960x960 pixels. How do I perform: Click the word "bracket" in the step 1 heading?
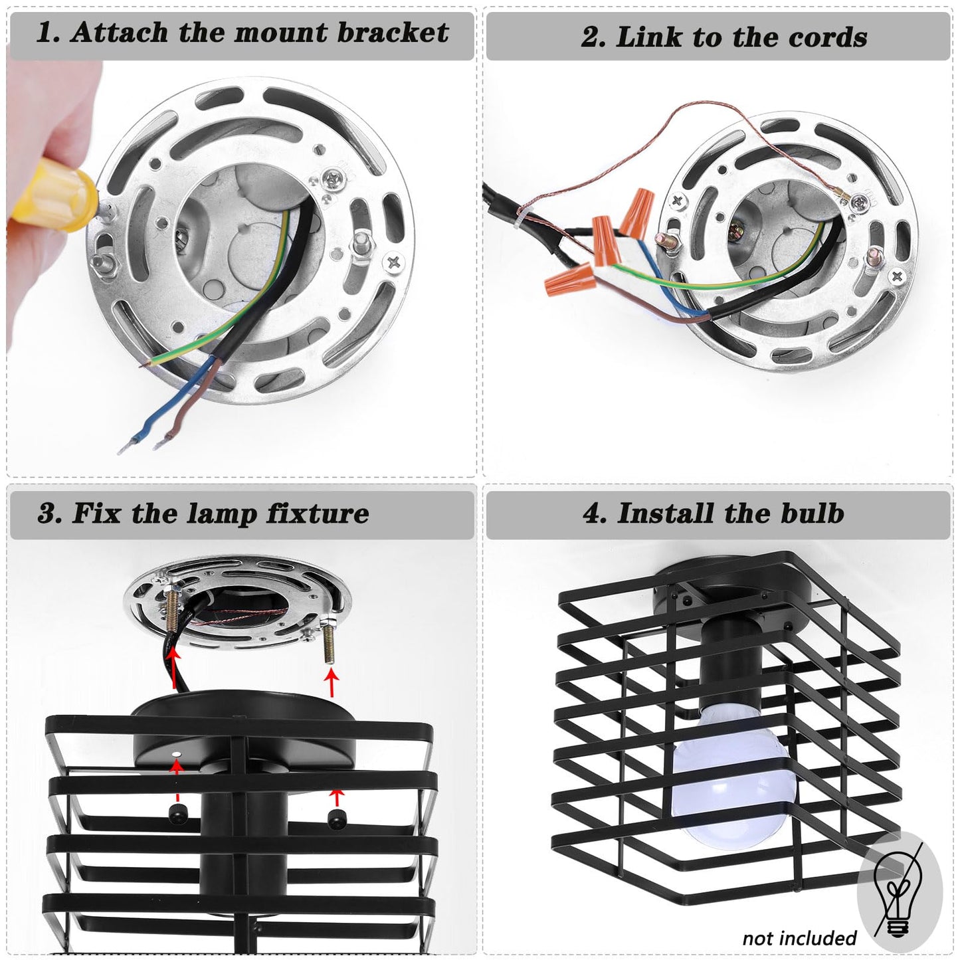(x=393, y=33)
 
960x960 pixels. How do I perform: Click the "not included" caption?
(x=799, y=938)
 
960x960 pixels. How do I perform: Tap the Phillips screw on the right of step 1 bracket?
(x=394, y=262)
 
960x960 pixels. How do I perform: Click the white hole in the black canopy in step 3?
(x=176, y=754)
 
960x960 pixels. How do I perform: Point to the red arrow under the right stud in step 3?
(x=332, y=683)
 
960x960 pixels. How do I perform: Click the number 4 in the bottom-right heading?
(x=591, y=514)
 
